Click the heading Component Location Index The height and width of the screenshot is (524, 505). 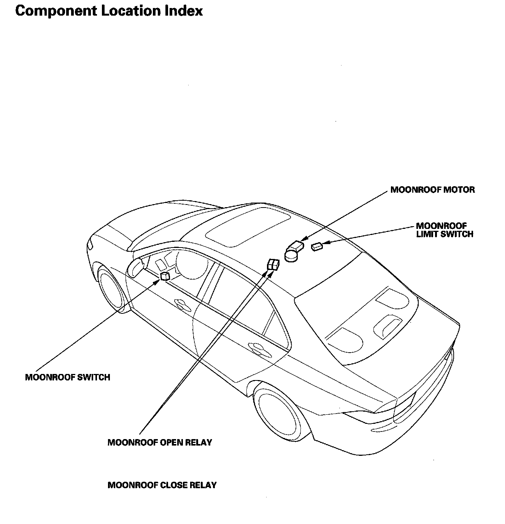pyautogui.click(x=109, y=11)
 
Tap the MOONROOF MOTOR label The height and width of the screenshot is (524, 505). pyautogui.click(x=432, y=190)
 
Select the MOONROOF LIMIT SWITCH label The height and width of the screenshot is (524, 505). pyautogui.click(x=444, y=230)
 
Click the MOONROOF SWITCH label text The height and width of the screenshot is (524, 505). pyautogui.click(x=67, y=377)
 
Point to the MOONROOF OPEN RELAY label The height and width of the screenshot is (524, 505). pyautogui.click(x=160, y=443)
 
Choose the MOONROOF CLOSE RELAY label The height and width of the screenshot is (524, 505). pyautogui.click(x=162, y=485)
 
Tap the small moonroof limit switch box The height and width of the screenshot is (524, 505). pyautogui.click(x=317, y=247)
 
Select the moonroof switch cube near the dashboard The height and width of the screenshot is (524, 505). pyautogui.click(x=165, y=276)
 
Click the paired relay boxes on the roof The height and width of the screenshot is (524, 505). pyautogui.click(x=273, y=264)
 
